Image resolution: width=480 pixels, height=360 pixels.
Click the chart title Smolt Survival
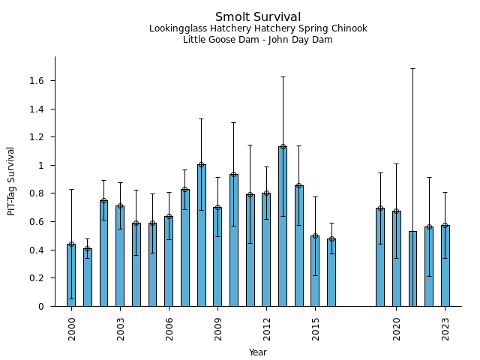pyautogui.click(x=258, y=17)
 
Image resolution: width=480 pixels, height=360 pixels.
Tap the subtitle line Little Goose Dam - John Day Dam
pyautogui.click(x=258, y=40)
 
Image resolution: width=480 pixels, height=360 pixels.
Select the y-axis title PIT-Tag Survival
pyautogui.click(x=11, y=181)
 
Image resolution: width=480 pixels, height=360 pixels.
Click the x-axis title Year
pyautogui.click(x=258, y=352)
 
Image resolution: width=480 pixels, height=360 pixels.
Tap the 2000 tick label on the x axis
pyautogui.click(x=72, y=328)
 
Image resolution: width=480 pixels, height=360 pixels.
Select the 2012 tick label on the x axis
pyautogui.click(x=267, y=328)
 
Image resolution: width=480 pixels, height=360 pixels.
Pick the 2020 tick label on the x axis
pyautogui.click(x=397, y=328)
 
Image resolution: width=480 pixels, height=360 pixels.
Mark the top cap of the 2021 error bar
pyautogui.click(x=412, y=68)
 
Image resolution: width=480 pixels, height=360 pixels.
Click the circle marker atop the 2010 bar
pyautogui.click(x=234, y=175)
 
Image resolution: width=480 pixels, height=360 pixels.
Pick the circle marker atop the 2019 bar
pyautogui.click(x=380, y=208)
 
